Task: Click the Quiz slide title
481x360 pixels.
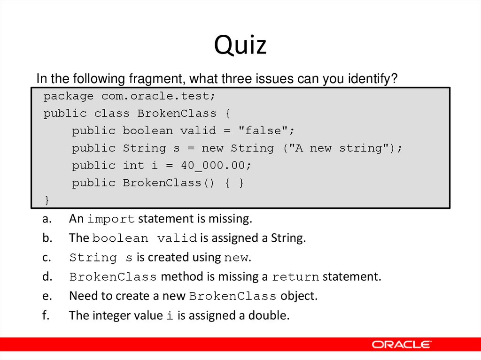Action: click(x=240, y=46)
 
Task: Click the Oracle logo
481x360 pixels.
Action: click(x=402, y=345)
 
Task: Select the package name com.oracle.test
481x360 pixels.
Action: click(x=158, y=96)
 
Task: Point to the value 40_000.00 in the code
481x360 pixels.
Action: click(x=217, y=165)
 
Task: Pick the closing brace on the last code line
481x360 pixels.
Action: click(x=46, y=200)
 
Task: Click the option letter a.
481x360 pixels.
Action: click(x=46, y=219)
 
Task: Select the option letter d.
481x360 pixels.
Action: click(x=46, y=276)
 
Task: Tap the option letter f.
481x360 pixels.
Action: click(x=45, y=315)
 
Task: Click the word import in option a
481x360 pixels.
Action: click(x=111, y=219)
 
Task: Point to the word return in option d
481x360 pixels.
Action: click(x=296, y=277)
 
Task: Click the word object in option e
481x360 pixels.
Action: click(x=299, y=296)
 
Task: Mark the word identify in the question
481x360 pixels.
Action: click(x=371, y=79)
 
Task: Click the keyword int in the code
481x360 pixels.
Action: click(x=133, y=165)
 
